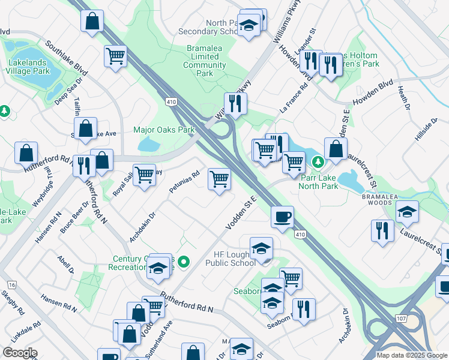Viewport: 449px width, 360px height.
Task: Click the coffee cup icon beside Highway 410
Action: point(282,217)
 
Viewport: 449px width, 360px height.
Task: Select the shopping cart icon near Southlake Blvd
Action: point(115,56)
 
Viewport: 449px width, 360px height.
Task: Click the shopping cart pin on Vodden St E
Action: point(219,179)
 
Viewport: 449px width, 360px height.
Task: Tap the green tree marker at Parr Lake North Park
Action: point(318,161)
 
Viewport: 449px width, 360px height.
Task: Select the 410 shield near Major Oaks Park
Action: point(172,103)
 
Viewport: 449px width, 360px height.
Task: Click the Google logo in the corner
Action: point(20,352)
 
